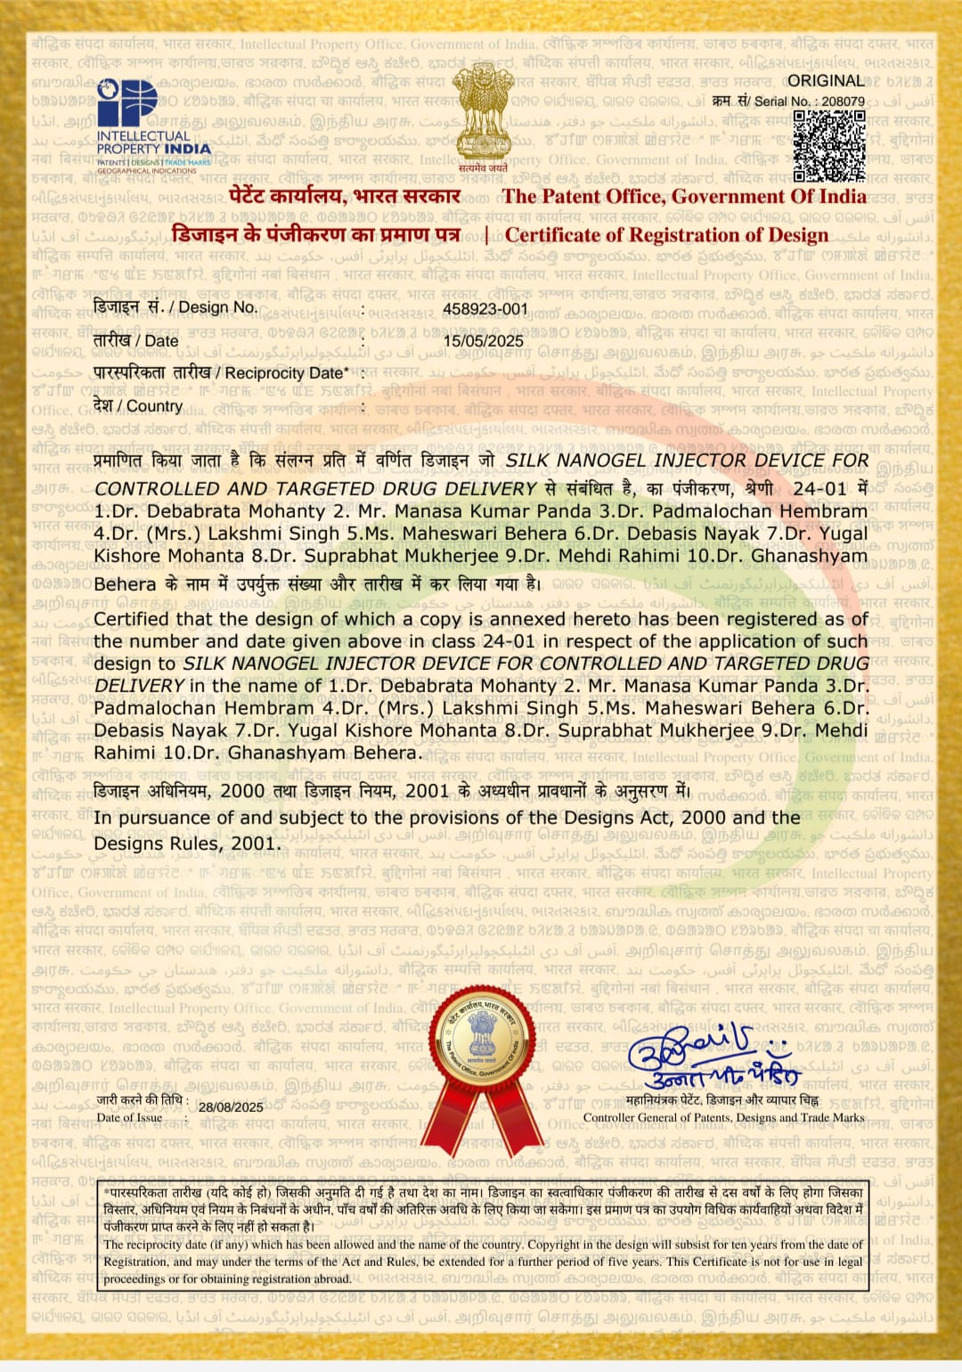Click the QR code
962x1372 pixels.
click(x=828, y=146)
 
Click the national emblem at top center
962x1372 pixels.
click(x=483, y=114)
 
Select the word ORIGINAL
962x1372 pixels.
click(x=826, y=81)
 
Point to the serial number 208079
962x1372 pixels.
click(x=843, y=102)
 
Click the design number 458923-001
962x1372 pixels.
click(x=485, y=309)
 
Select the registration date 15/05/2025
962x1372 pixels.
click(x=484, y=341)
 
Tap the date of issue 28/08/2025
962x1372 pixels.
click(x=231, y=1107)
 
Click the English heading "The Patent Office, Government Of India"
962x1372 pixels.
click(x=684, y=197)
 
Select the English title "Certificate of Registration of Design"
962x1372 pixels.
click(x=666, y=235)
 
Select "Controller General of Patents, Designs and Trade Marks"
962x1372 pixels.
click(x=723, y=1117)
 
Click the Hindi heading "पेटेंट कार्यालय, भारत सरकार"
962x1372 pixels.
click(x=344, y=197)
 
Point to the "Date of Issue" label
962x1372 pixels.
click(x=130, y=1117)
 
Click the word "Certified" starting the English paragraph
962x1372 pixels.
click(x=132, y=619)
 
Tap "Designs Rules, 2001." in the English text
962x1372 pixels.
click(x=186, y=843)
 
